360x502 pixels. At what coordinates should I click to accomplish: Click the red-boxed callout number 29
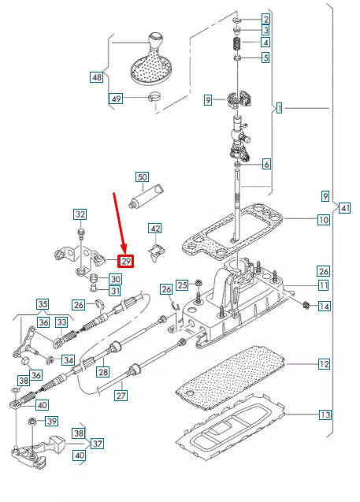125,261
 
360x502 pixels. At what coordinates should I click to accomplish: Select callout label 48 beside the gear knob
97,77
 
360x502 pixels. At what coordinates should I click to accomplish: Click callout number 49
116,99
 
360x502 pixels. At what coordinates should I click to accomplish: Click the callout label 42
156,229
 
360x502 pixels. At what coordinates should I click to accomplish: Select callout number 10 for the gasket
324,221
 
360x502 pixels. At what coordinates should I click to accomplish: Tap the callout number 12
324,364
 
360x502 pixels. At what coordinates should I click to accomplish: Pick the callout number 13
324,415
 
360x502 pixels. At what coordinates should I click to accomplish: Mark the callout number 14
324,305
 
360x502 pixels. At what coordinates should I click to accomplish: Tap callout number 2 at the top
266,18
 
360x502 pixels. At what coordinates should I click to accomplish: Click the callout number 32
80,214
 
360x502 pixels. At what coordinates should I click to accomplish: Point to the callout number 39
52,422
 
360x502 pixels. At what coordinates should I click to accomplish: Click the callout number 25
181,284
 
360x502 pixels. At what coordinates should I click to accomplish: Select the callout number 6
266,165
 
